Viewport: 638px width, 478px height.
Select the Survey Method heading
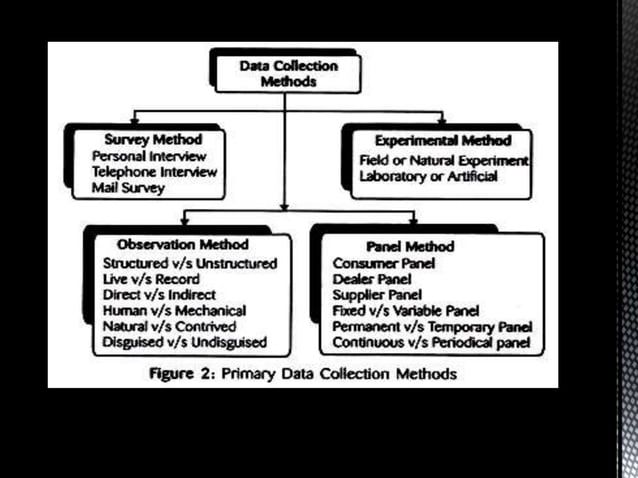coord(153,140)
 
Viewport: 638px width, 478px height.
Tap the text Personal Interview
coord(149,156)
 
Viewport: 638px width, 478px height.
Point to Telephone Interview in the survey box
coord(154,172)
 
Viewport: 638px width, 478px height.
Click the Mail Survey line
coord(129,187)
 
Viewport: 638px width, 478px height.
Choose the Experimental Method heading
coord(442,141)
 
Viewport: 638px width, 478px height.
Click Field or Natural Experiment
coord(443,160)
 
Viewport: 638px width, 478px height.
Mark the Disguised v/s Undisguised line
coord(184,343)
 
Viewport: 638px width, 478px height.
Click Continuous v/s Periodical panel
coord(432,344)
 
